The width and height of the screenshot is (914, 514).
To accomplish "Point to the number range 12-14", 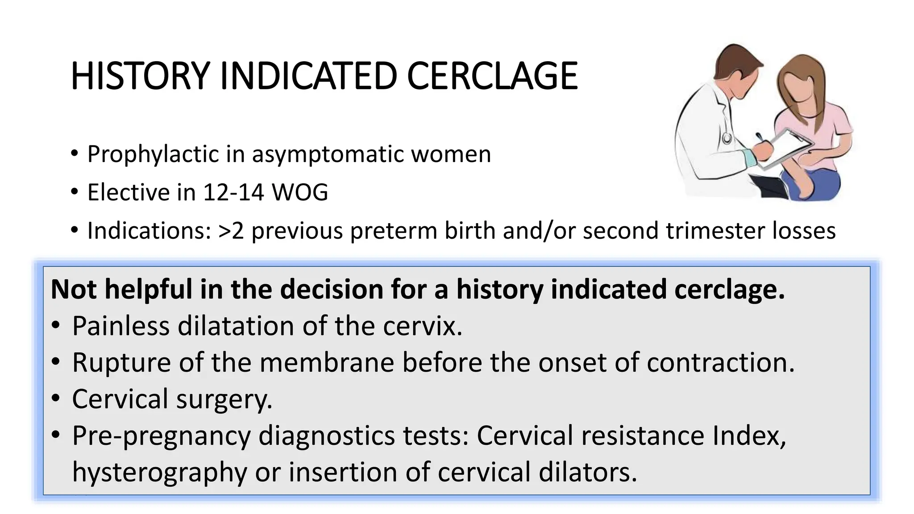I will pos(233,192).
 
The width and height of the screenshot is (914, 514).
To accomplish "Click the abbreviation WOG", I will pos(300,192).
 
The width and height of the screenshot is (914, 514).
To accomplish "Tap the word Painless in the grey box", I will pos(120,326).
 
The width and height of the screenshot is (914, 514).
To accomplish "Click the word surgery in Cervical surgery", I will pos(224,399).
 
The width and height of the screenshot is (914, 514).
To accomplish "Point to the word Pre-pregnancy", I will pos(161,435).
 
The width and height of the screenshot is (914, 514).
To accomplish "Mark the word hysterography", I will pos(159,472).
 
